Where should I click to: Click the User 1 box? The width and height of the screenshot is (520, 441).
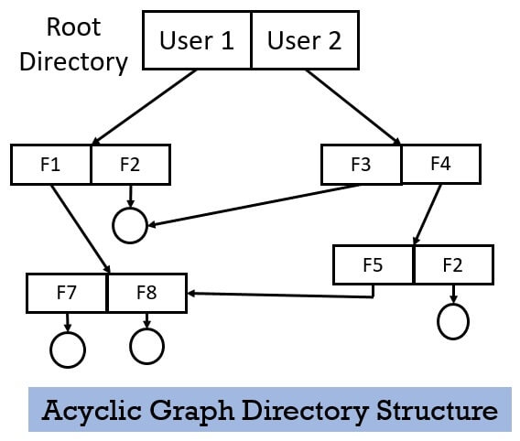point(197,41)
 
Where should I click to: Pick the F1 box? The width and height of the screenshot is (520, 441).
point(51,165)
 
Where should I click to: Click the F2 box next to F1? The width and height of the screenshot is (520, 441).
point(130,165)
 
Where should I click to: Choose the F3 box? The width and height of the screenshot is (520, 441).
point(361,166)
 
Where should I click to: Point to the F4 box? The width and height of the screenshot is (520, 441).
point(440,165)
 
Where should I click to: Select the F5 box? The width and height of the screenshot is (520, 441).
point(374,264)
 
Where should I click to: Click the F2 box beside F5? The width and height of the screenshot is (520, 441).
point(452,264)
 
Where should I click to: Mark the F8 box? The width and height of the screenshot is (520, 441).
point(146,294)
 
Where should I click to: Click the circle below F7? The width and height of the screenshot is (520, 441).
point(68,348)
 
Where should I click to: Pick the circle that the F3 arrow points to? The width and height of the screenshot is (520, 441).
point(130,225)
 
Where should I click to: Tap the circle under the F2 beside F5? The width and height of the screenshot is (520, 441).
point(453,321)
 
